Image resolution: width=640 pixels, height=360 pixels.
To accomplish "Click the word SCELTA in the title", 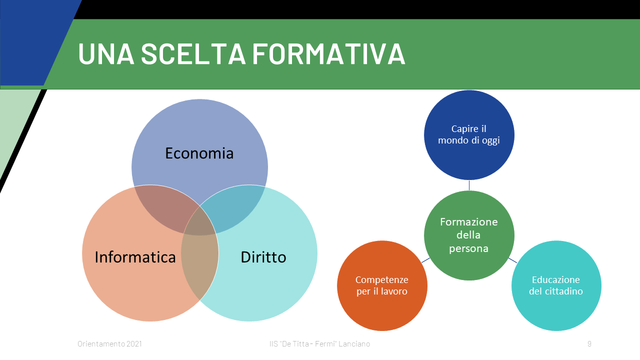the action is (x=193, y=53).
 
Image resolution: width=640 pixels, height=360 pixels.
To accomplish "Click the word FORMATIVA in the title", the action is (x=328, y=53).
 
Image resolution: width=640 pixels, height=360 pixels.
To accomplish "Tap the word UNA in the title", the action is (x=106, y=53).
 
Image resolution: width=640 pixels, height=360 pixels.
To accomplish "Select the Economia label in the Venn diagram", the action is (x=199, y=153).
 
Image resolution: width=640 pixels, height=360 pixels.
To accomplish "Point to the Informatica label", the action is (x=135, y=257).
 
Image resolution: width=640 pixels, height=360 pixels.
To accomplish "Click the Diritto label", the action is (x=263, y=257).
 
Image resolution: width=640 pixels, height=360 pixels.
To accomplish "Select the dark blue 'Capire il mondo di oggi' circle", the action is (x=469, y=135).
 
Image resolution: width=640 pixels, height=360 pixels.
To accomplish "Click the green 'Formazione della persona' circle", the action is (x=469, y=235).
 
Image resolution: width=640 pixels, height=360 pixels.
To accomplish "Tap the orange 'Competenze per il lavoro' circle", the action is (x=382, y=285).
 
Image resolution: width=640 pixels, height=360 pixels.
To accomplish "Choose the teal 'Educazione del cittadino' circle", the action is (x=556, y=285).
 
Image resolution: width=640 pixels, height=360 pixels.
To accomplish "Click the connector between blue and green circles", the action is (x=469, y=185).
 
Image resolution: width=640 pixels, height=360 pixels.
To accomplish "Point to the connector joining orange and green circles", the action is (x=425, y=260).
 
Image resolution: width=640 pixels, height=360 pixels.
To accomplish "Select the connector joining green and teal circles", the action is (x=512, y=260).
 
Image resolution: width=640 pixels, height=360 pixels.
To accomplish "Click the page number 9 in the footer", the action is (x=589, y=343).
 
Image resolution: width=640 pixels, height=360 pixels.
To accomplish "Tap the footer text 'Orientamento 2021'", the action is (x=109, y=343).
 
